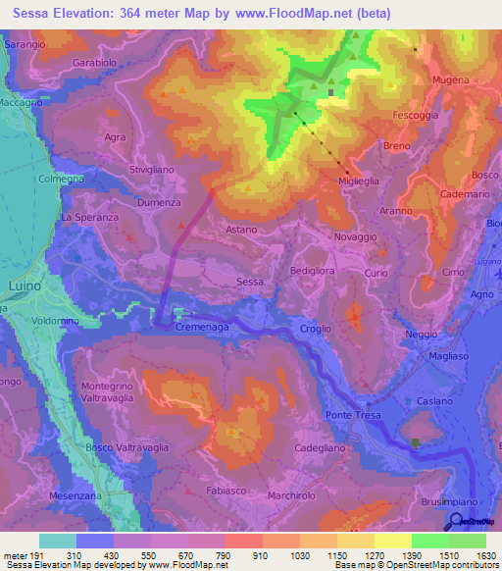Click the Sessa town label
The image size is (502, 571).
point(250,282)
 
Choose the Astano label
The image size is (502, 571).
point(241,230)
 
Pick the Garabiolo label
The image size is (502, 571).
point(94,61)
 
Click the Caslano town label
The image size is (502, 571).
point(433,401)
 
